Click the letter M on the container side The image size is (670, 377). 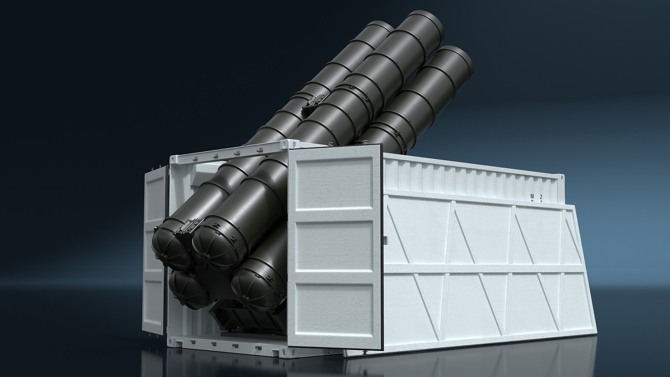coord(532,196)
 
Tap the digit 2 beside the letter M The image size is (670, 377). coord(541,196)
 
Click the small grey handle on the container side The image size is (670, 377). coord(385,240)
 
